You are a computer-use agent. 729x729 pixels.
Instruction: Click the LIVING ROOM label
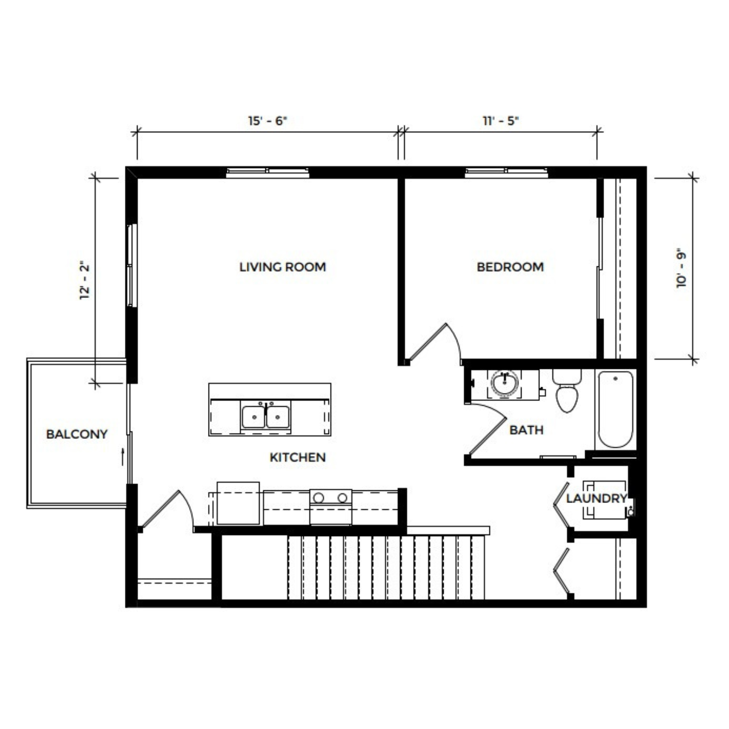coord(282,267)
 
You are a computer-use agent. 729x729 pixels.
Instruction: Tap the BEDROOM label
coord(510,267)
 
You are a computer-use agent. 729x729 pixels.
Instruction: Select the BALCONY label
coord(77,434)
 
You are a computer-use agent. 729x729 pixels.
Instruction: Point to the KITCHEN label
coord(297,457)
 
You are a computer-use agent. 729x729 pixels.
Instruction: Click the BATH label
coord(526,430)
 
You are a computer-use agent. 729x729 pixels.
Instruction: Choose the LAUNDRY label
coord(596,499)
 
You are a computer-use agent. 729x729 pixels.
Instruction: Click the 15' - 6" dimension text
coord(268,121)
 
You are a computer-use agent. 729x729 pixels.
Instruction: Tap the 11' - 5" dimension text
coord(501,121)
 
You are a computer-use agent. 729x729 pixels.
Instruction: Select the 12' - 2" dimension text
coord(85,281)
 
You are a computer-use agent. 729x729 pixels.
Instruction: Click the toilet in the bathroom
coord(567,391)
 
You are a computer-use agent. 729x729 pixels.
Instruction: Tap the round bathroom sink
coord(504,383)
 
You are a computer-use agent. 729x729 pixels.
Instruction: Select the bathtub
coord(615,409)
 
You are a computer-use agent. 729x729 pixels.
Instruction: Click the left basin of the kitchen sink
coord(253,417)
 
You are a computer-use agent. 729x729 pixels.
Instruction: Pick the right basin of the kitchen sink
coord(278,417)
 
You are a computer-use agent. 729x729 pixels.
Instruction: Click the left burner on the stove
coord(318,498)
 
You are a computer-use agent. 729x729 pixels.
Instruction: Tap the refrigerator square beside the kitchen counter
coord(238,503)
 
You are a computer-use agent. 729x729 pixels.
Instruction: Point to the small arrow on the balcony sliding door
coord(122,457)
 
